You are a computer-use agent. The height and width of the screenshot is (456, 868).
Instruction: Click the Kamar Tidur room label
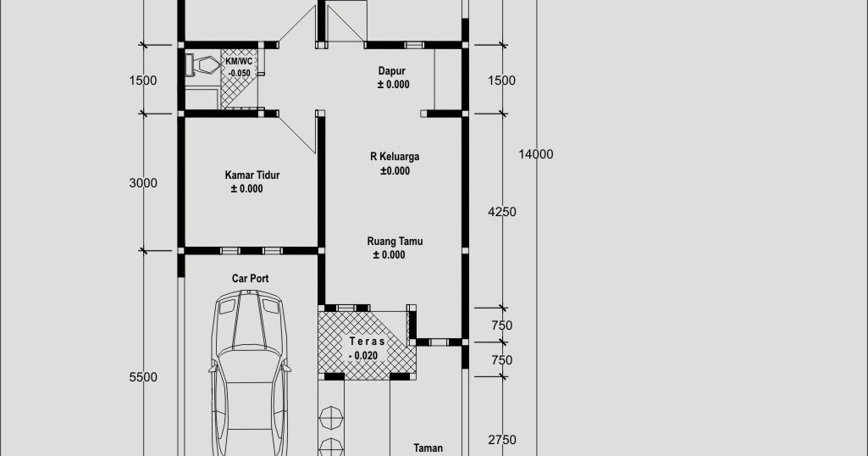tap(252, 175)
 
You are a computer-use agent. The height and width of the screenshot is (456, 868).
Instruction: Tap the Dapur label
tap(391, 71)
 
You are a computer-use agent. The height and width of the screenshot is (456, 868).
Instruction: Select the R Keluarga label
tap(395, 157)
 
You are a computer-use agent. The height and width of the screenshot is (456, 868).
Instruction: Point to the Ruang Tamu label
tap(395, 242)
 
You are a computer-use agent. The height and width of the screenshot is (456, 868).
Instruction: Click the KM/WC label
tap(239, 61)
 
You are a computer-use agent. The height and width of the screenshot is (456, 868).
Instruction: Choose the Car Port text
tap(250, 279)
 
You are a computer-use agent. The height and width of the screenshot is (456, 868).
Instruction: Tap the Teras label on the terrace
tap(367, 342)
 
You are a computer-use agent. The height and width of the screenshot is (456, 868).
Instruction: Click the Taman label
tap(428, 448)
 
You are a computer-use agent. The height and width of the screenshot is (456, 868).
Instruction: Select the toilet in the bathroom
tap(202, 65)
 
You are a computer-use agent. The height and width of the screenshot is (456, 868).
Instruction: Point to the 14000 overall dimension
tap(536, 154)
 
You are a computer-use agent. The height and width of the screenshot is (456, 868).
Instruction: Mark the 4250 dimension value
tap(502, 212)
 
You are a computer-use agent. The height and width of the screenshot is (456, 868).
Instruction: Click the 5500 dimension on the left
tap(143, 377)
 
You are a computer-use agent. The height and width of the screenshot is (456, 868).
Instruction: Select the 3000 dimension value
tap(143, 183)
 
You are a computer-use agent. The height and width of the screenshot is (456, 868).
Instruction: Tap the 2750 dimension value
tap(502, 440)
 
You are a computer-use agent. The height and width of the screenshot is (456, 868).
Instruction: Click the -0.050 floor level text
tap(239, 73)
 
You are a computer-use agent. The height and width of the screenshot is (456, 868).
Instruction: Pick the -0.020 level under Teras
tap(363, 356)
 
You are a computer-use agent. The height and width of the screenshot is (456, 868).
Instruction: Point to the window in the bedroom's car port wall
tap(252, 251)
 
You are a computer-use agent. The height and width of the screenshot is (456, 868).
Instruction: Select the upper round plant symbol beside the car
tap(331, 417)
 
